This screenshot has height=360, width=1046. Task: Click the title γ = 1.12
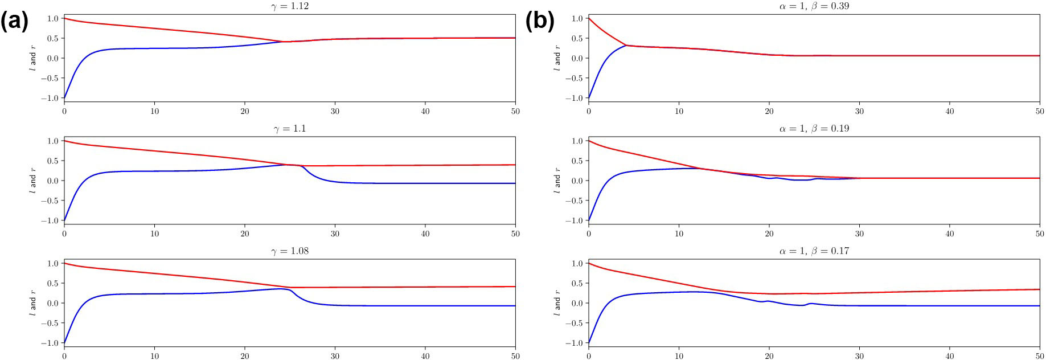(291, 6)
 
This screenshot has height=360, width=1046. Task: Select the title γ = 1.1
(290, 129)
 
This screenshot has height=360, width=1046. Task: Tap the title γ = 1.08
(291, 251)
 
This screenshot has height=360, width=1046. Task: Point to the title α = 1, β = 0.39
(814, 6)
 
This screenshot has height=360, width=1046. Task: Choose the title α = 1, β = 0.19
(814, 129)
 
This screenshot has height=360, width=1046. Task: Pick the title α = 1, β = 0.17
(814, 251)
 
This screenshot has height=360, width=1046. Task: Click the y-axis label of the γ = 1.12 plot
(32, 58)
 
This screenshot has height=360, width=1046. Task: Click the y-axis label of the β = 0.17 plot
(557, 303)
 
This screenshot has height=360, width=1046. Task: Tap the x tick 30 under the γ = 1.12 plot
(335, 111)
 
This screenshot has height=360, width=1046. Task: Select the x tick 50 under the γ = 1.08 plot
(515, 356)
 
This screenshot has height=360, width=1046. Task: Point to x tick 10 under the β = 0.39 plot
(679, 111)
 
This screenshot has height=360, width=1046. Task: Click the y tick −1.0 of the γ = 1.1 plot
(52, 220)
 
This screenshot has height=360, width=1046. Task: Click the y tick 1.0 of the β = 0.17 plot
(577, 263)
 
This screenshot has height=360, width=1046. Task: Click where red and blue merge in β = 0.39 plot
(626, 45)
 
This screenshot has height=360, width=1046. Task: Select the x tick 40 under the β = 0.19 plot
(949, 234)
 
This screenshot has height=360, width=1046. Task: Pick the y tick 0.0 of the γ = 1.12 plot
(52, 58)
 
